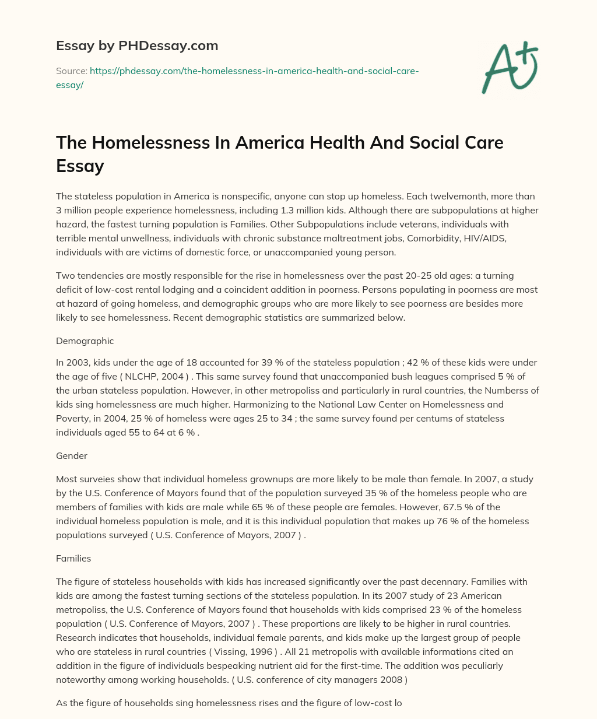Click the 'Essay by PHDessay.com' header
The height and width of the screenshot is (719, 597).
coord(137,45)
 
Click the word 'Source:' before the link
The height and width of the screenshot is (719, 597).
coord(71,71)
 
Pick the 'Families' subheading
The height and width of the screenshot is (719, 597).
coord(73,558)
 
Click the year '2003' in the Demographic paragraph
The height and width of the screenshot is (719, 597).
coord(78,363)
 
